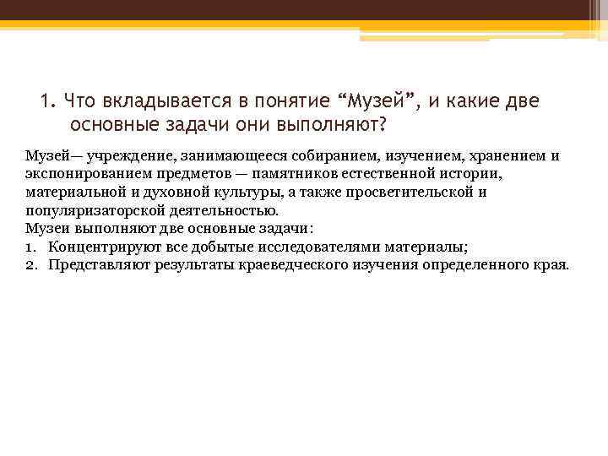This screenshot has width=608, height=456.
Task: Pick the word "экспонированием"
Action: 85,174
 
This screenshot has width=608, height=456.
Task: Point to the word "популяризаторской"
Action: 92,211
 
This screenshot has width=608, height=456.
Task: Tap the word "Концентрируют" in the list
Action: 100,247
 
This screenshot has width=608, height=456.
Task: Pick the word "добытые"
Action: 232,247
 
